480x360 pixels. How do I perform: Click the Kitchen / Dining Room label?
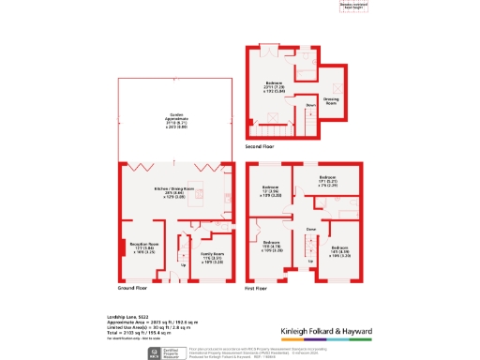175,191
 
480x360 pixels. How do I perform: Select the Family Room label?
213,255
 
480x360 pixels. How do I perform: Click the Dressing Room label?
331,99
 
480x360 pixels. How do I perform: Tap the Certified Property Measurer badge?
164,353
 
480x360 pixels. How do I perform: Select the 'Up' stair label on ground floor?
184,264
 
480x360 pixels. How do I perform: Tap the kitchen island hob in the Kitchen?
229,199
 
